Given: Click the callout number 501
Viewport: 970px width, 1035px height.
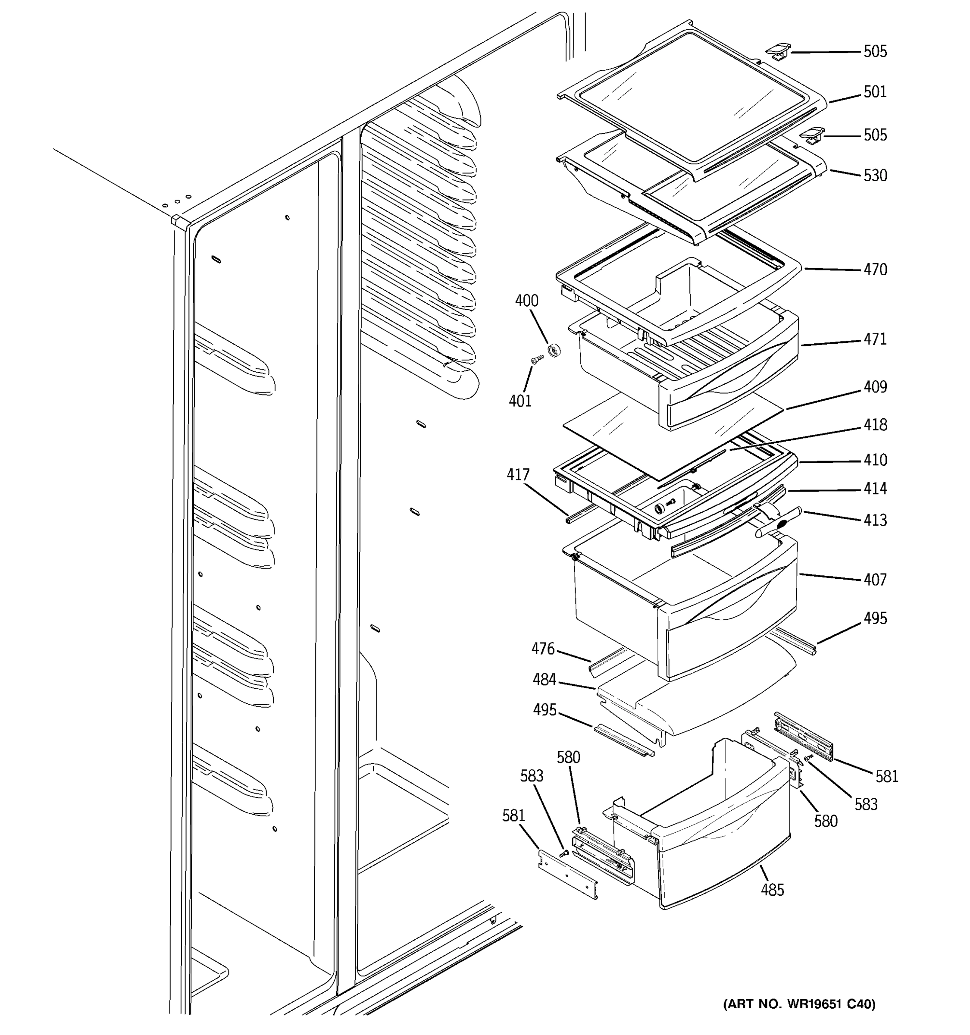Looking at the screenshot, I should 875,92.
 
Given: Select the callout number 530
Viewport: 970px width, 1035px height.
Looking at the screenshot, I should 875,176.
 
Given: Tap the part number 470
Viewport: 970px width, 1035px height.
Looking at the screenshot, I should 875,270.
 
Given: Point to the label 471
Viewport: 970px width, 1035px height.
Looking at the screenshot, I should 875,339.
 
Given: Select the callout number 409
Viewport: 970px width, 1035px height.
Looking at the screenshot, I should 875,387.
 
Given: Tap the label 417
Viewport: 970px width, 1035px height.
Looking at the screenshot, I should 518,475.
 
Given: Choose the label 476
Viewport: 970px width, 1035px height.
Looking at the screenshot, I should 543,649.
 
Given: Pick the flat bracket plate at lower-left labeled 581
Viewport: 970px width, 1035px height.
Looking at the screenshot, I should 567,879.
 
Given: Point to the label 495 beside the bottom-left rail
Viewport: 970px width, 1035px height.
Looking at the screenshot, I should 544,710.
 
